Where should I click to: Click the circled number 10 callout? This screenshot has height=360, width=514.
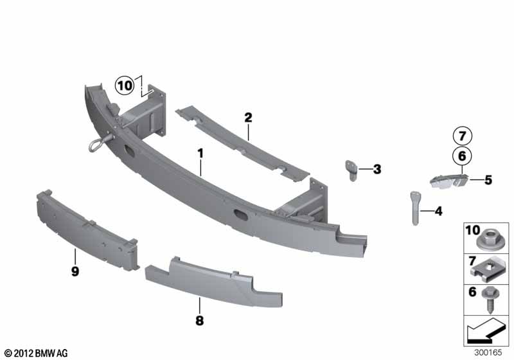pyautogui.click(x=125, y=85)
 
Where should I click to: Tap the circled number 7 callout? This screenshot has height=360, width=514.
pyautogui.click(x=462, y=136)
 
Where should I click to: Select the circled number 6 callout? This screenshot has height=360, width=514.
pyautogui.click(x=462, y=156)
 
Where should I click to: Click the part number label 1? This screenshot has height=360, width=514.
pyautogui.click(x=200, y=154)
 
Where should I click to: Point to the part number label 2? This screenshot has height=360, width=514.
pyautogui.click(x=248, y=118)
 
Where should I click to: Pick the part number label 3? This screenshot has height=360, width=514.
pyautogui.click(x=377, y=170)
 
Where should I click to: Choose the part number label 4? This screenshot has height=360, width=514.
pyautogui.click(x=438, y=212)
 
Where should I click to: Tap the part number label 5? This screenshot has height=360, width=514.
pyautogui.click(x=488, y=180)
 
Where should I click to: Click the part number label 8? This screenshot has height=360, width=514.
pyautogui.click(x=199, y=320)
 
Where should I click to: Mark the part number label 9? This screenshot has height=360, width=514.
pyautogui.click(x=75, y=271)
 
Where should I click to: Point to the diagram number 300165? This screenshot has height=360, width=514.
pyautogui.click(x=488, y=352)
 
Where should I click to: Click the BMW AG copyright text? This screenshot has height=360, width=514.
pyautogui.click(x=37, y=354)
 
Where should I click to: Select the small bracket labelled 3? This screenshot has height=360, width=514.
pyautogui.click(x=351, y=170)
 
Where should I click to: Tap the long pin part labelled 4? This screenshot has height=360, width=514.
pyautogui.click(x=414, y=208)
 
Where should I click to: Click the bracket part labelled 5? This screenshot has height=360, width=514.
pyautogui.click(x=448, y=181)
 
